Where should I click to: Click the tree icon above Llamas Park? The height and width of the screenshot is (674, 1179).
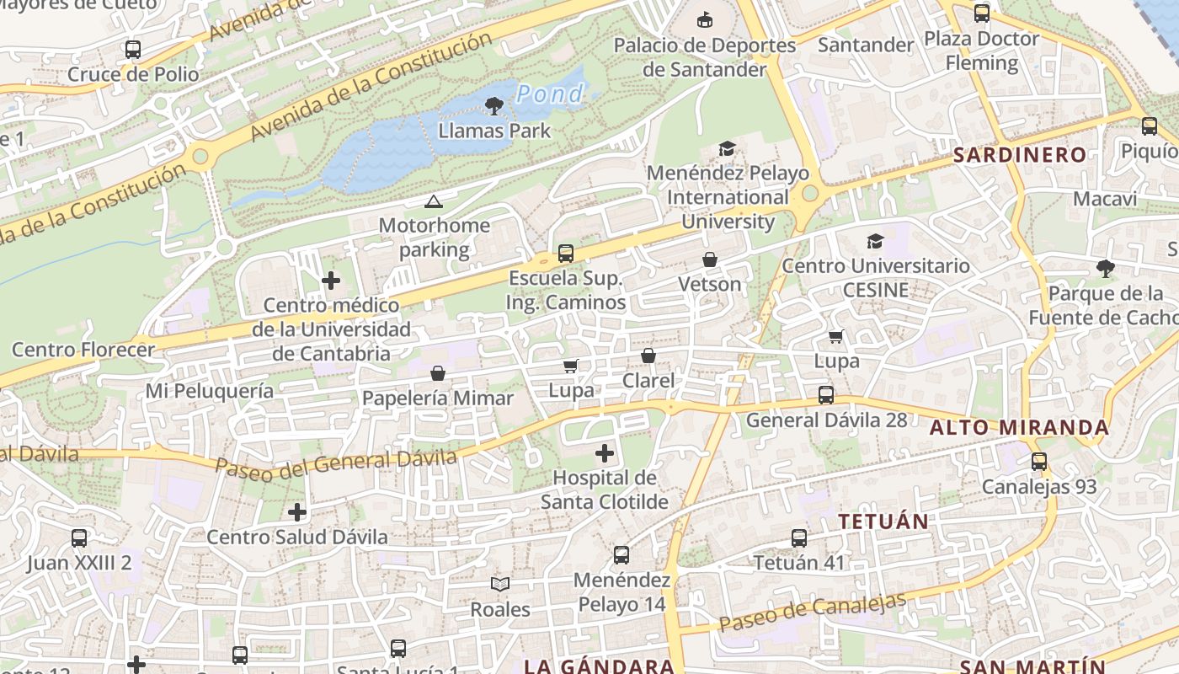point(494,106)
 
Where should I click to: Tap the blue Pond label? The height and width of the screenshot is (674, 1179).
point(550,94)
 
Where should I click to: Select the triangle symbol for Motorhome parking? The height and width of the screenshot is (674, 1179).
point(433,201)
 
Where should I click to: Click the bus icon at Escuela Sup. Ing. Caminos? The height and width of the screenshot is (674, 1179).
point(566,254)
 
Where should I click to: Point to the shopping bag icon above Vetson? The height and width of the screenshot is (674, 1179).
point(710,259)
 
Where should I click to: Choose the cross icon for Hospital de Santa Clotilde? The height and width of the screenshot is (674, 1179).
point(604,454)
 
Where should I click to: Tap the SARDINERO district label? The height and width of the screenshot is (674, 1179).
point(1020,155)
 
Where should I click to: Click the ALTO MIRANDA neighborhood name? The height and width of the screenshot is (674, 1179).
point(1019,428)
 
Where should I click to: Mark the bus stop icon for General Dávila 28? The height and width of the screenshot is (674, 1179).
point(826,395)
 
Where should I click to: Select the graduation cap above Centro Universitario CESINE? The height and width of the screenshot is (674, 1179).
point(876,242)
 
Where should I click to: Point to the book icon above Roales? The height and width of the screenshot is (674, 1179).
point(500,584)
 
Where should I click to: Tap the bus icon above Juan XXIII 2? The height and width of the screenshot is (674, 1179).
point(79,538)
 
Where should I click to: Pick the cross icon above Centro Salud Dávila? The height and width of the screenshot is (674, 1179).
point(297,512)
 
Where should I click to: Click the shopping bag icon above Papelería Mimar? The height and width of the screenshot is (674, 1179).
point(438,373)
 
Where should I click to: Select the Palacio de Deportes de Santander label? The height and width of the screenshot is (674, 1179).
point(705,56)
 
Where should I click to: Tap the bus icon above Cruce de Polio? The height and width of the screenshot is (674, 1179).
point(133,50)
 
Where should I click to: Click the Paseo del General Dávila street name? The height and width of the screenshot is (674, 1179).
point(335,463)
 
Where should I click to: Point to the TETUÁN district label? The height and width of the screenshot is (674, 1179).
point(883,522)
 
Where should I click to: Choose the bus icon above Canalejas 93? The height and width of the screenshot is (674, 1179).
point(1039,462)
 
